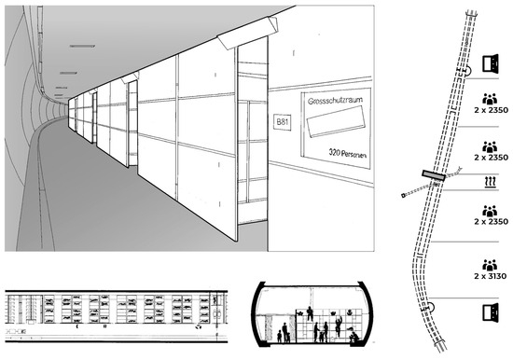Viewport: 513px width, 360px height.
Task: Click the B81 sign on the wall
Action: (x=281, y=122)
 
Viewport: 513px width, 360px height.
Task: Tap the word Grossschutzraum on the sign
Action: (x=332, y=99)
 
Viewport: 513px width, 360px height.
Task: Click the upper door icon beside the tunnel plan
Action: (x=487, y=62)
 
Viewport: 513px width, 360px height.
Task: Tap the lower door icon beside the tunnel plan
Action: (x=487, y=311)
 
